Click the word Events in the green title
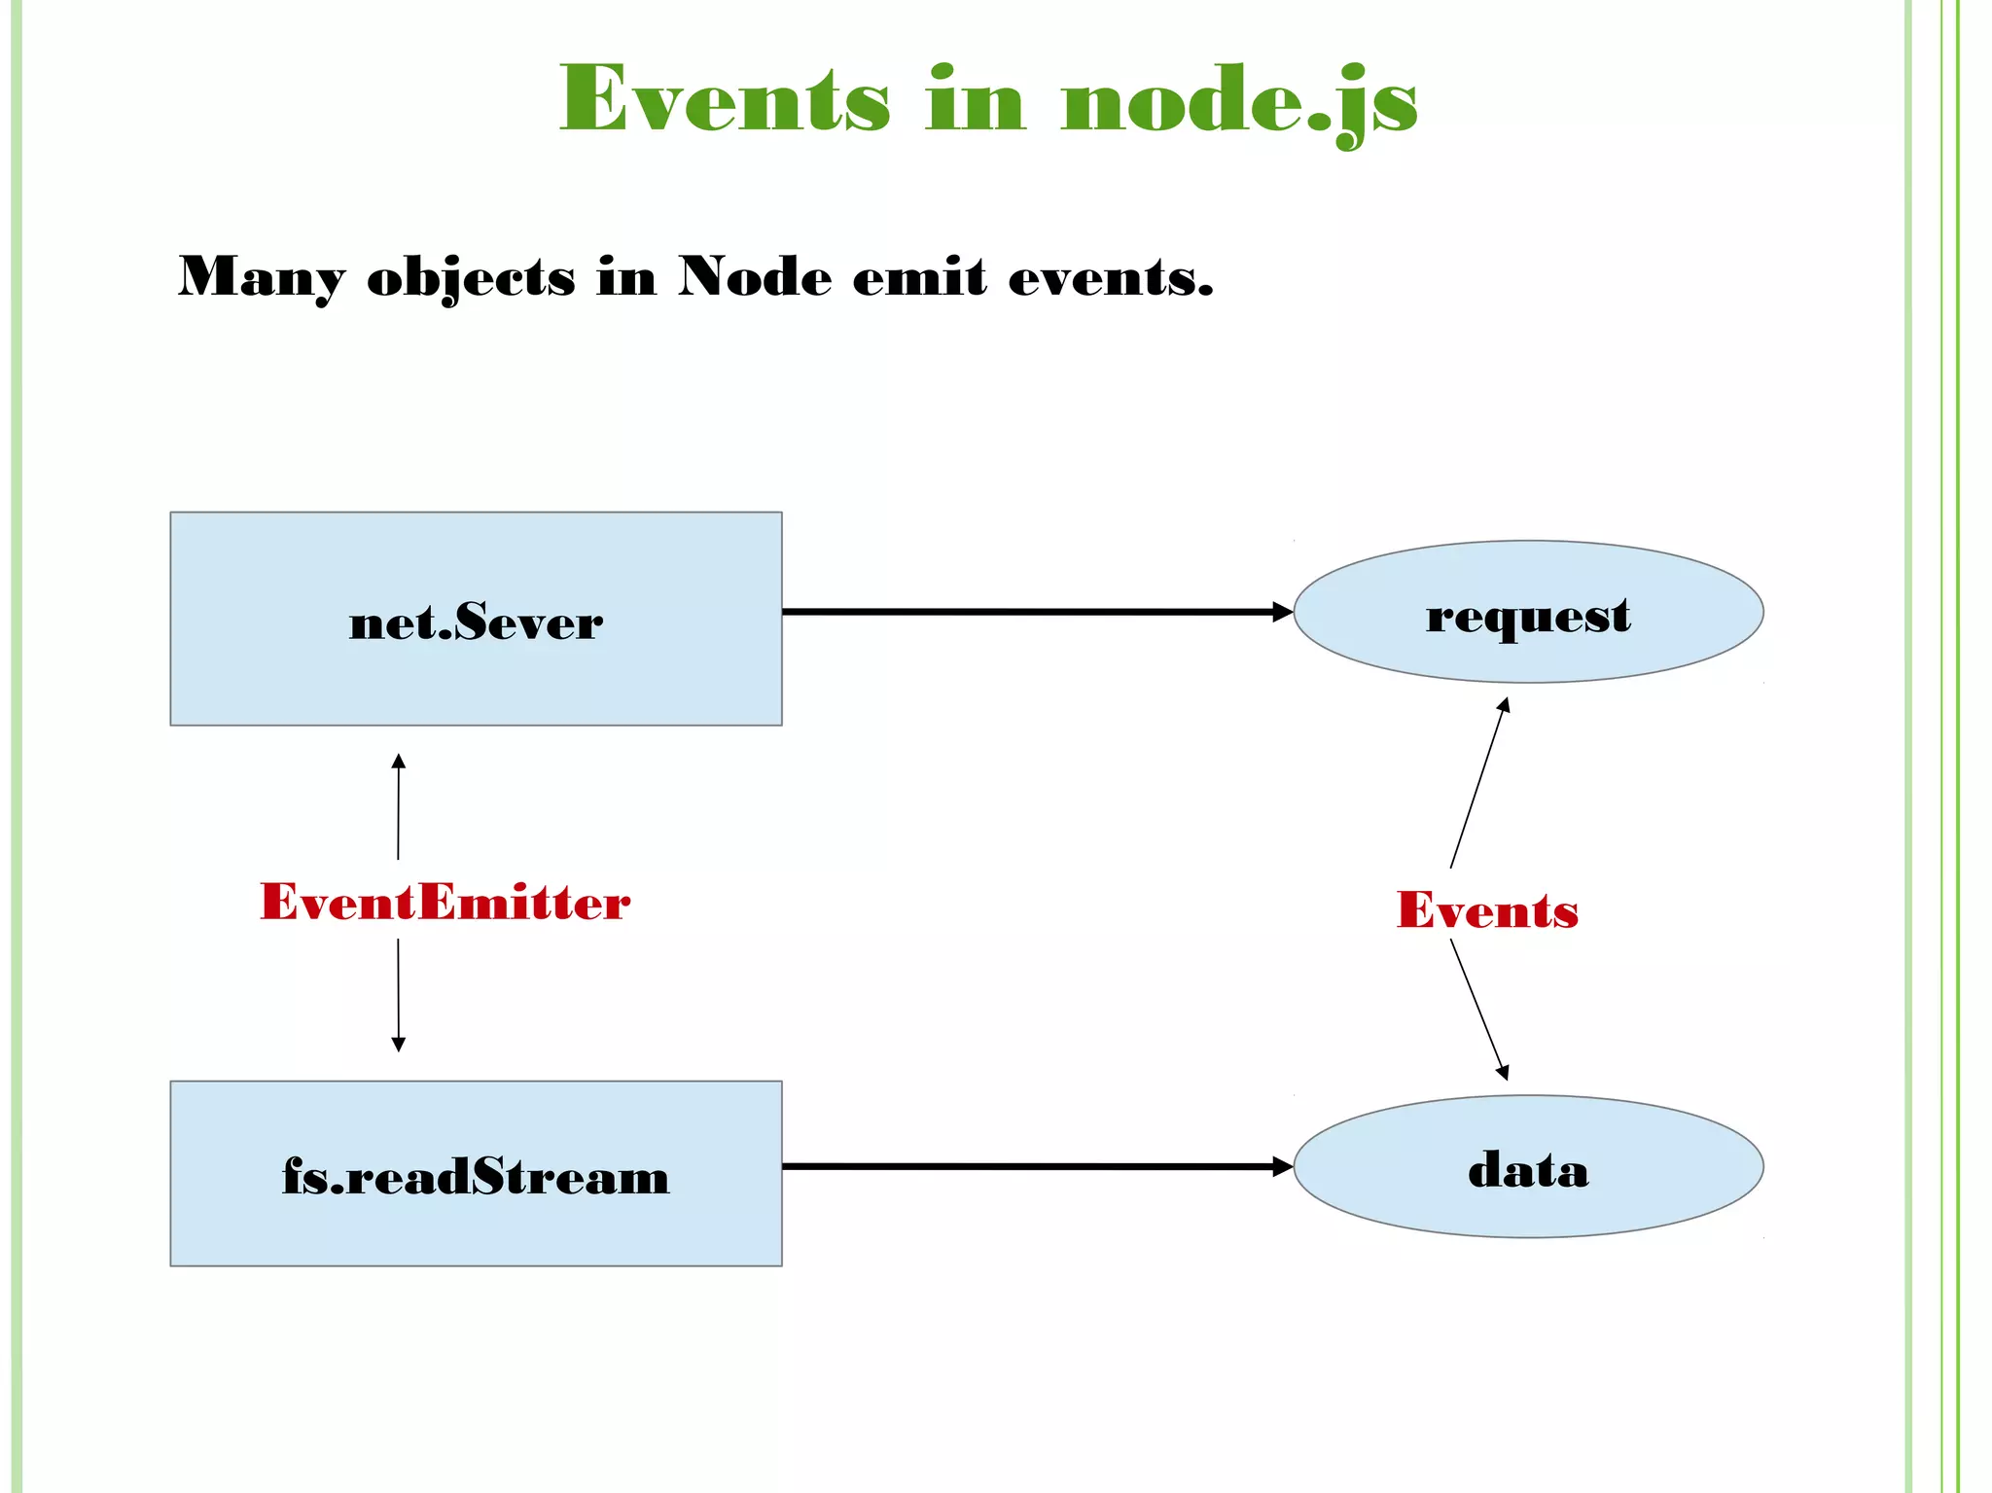click(x=725, y=99)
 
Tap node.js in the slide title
click(x=1239, y=101)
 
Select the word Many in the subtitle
click(x=261, y=277)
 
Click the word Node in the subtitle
click(x=755, y=277)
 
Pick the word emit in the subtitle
click(x=919, y=277)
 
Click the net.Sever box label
click(x=476, y=622)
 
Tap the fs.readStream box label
click(x=476, y=1176)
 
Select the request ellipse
click(x=1528, y=613)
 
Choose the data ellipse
click(x=1528, y=1167)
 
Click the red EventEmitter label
click(x=445, y=902)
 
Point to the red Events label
click(x=1487, y=910)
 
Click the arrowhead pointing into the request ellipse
click(x=1282, y=612)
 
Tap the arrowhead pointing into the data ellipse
click(x=1282, y=1166)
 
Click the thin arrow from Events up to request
click(x=1478, y=783)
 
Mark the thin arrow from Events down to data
click(x=1478, y=1008)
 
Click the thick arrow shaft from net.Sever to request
click(x=1031, y=612)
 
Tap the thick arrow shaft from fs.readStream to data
click(x=1031, y=1166)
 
